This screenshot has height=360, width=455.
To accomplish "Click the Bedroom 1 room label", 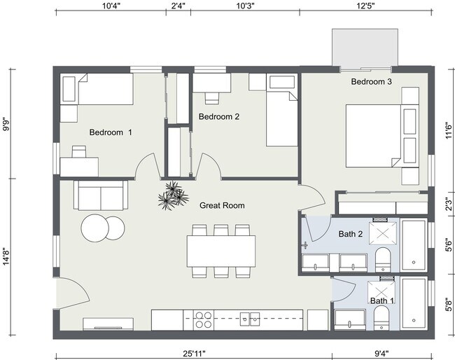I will click(x=110, y=132).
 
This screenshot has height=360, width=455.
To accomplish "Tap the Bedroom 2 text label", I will click(x=219, y=116).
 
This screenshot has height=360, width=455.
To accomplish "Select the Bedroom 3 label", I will click(x=371, y=82).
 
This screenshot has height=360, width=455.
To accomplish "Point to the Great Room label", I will click(x=222, y=205).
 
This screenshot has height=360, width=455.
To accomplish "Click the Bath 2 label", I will click(x=351, y=234).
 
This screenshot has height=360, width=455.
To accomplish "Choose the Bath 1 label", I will click(x=381, y=301).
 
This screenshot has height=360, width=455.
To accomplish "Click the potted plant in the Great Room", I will click(x=172, y=196).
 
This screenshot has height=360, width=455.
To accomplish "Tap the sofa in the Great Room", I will click(x=101, y=195).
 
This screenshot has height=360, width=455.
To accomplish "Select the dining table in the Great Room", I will click(x=221, y=249).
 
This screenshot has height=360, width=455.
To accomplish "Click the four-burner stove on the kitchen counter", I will click(x=203, y=319).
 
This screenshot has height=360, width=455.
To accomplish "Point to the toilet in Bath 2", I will click(x=384, y=259).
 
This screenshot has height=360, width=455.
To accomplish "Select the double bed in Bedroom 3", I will click(x=382, y=135).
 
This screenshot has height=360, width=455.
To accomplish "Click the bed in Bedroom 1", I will click(x=105, y=90).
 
